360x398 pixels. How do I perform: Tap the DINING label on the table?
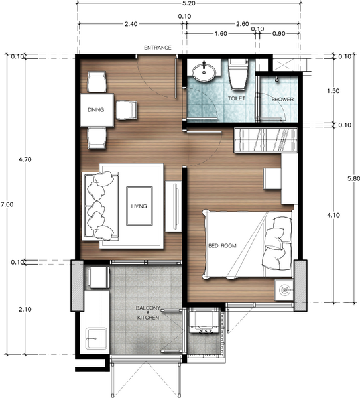click(x=95, y=111)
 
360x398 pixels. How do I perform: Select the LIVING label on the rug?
click(x=140, y=206)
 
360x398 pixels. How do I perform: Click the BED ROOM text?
click(x=222, y=245)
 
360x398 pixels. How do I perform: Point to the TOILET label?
click(x=237, y=98)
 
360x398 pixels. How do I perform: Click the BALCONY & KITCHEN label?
click(x=149, y=314)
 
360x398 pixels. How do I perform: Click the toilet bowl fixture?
click(x=238, y=76)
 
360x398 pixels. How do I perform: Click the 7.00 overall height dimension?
click(x=7, y=205)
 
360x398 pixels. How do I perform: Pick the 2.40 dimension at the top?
click(x=131, y=24)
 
